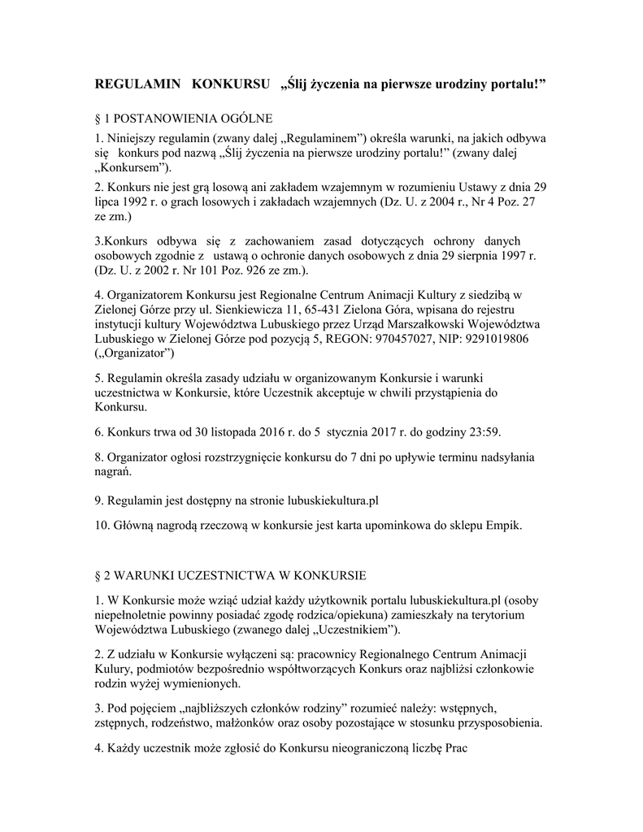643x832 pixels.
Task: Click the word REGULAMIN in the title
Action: click(x=135, y=84)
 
